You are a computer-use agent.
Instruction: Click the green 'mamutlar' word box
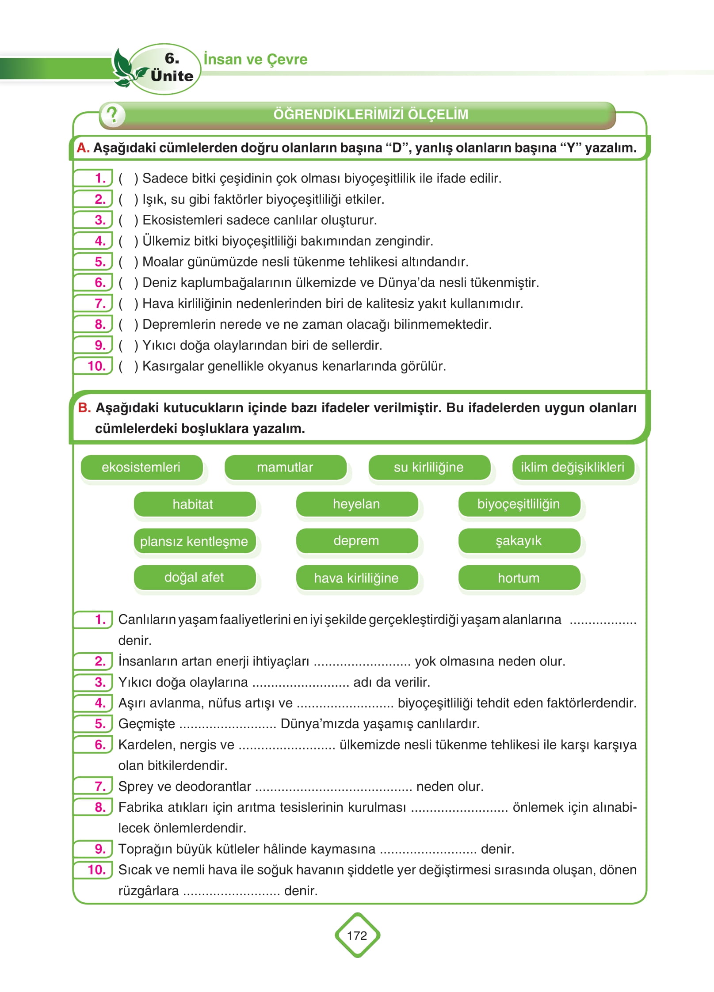(285, 467)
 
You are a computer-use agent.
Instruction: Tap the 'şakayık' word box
(519, 540)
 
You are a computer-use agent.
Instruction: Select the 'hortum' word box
(519, 578)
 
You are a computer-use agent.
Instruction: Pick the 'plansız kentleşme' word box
(194, 541)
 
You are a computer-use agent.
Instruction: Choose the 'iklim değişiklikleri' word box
(573, 467)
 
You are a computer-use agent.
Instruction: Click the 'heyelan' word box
(356, 504)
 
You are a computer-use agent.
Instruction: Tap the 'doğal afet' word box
(194, 577)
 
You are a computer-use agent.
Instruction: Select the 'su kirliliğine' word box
(429, 467)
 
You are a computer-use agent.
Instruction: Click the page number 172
(357, 935)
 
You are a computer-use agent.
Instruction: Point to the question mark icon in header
(113, 115)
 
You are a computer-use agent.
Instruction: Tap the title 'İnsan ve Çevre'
(256, 59)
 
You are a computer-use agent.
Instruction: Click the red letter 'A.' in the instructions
(83, 148)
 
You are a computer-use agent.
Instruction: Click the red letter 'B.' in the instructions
(84, 407)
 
